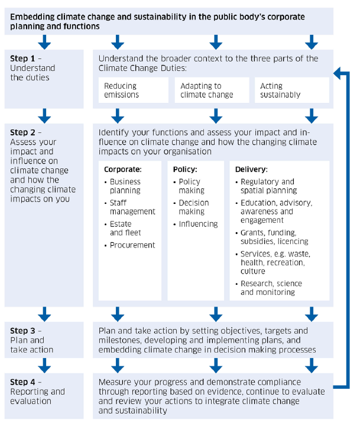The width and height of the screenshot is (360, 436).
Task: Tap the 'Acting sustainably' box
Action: (x=291, y=90)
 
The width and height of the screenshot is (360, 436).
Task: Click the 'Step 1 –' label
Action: (x=26, y=58)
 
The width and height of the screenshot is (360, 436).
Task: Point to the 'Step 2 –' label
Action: (x=26, y=132)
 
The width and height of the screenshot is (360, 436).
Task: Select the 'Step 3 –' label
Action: (x=26, y=331)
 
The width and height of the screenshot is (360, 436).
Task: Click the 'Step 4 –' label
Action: (x=26, y=382)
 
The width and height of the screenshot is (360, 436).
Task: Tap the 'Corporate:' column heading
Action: (x=122, y=170)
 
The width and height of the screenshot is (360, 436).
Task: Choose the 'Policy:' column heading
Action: (x=184, y=170)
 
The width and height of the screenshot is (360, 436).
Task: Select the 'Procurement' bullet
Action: (x=132, y=245)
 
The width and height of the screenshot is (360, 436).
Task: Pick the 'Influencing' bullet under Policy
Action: (x=198, y=224)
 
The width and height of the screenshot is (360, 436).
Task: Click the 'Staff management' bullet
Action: (x=132, y=207)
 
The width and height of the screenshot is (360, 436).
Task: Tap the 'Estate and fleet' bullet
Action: (x=125, y=229)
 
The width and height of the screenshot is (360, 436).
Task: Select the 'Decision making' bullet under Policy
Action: (x=194, y=207)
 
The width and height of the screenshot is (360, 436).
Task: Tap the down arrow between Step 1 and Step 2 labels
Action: (x=44, y=115)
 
